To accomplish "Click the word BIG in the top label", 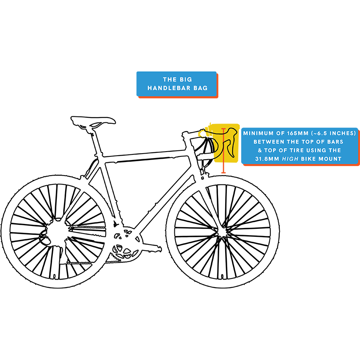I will pos(185,80).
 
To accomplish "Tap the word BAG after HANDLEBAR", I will pos(200,88).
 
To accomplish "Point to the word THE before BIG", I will pos(170,80).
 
